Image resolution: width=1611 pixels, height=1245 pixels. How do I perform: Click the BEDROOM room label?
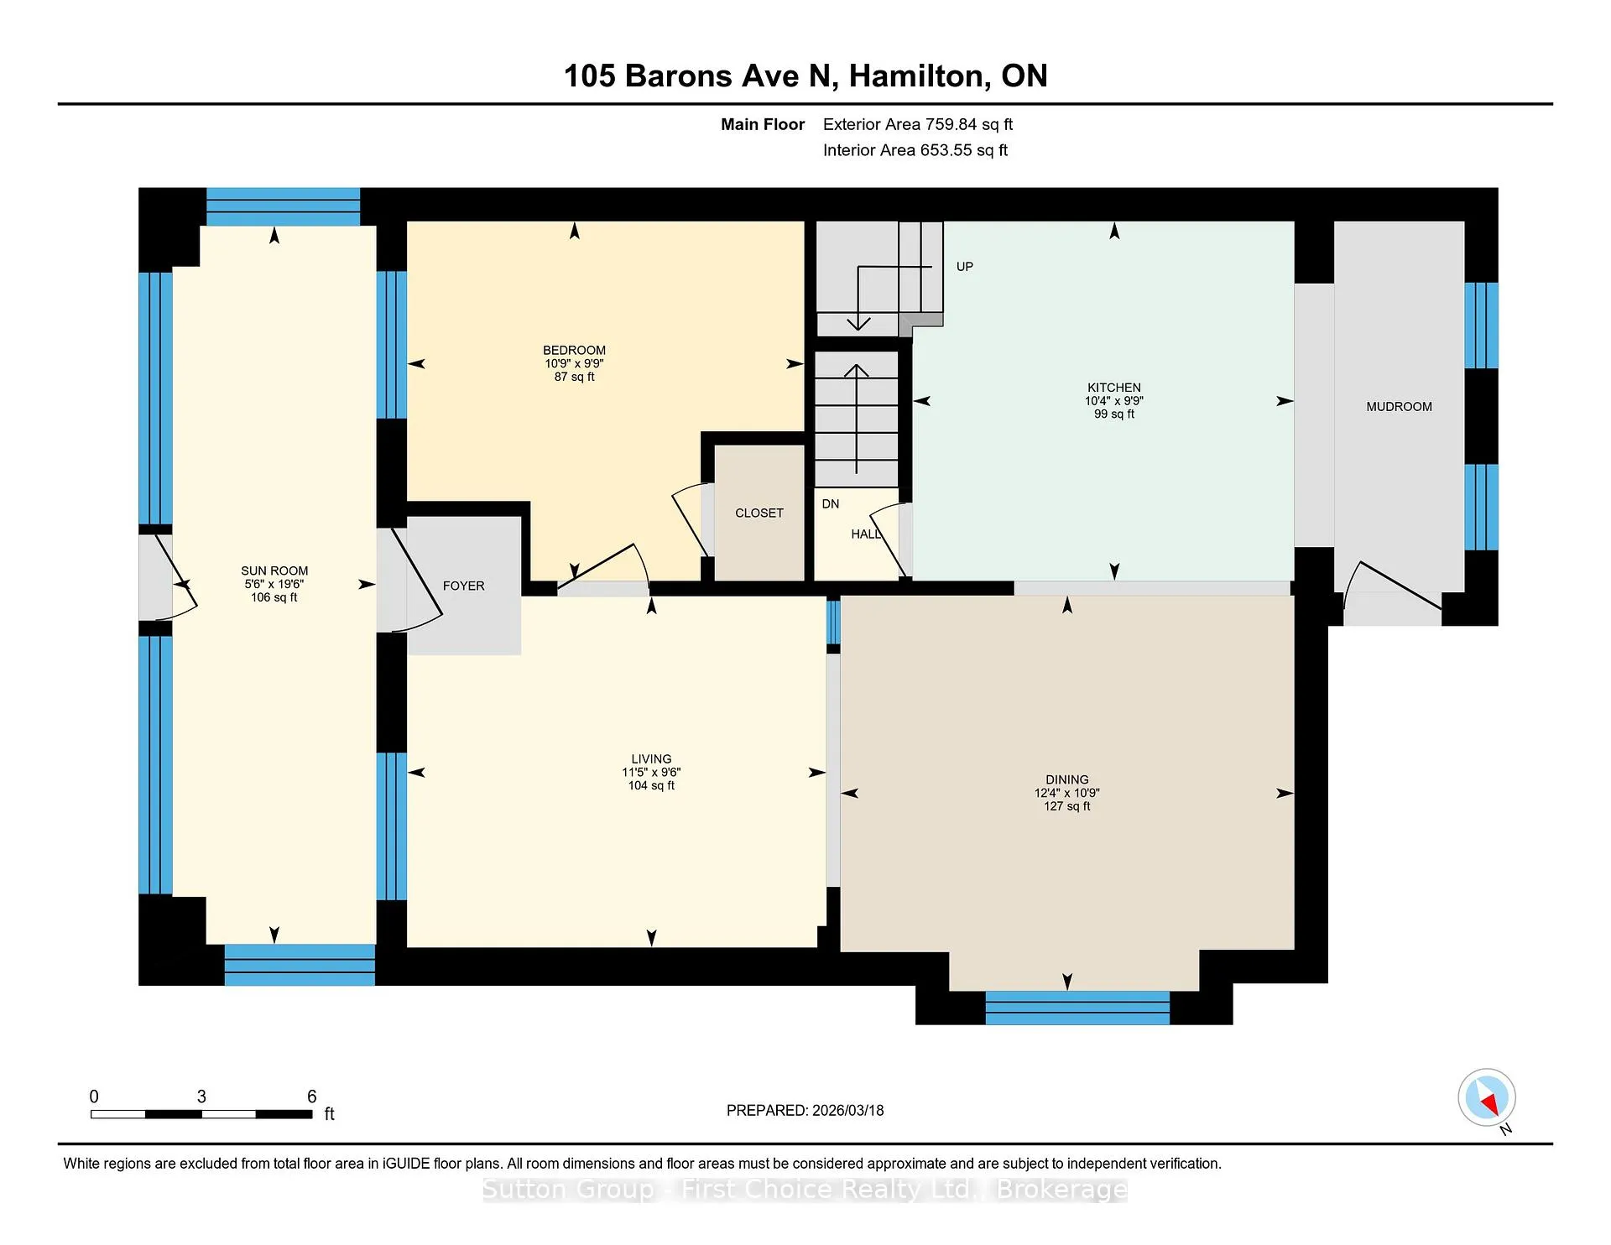point(574,351)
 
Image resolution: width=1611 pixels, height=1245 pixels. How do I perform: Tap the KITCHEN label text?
point(1114,388)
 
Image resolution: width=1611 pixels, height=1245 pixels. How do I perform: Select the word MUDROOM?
point(1399,407)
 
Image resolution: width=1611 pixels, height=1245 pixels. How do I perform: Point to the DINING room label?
point(1067,779)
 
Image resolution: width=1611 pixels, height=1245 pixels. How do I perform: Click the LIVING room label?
point(651,758)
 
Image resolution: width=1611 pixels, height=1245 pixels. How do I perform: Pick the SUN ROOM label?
point(274,570)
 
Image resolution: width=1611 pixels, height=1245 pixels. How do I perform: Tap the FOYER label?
point(464,586)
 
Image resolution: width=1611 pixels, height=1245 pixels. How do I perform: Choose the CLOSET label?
point(759,513)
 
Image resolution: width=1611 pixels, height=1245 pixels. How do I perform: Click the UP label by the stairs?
point(965,267)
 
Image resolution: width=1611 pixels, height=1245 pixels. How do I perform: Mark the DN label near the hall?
point(831,503)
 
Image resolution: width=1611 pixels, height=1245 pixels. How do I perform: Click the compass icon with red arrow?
point(1487,1097)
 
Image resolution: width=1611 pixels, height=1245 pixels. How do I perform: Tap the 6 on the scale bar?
point(312,1097)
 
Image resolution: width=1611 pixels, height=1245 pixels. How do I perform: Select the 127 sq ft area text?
point(1067,806)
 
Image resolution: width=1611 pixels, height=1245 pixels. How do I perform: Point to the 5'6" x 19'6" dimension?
point(274,584)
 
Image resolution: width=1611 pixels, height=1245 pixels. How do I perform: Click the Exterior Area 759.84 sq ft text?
point(918,124)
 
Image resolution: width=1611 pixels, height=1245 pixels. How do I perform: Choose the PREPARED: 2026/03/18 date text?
point(805,1110)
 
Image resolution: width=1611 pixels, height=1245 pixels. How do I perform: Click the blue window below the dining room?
point(1077,1008)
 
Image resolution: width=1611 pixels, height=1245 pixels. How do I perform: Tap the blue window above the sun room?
point(284,206)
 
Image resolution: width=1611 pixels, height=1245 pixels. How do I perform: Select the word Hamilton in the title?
point(916,76)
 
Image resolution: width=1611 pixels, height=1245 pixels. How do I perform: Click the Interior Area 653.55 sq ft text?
point(915,150)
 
